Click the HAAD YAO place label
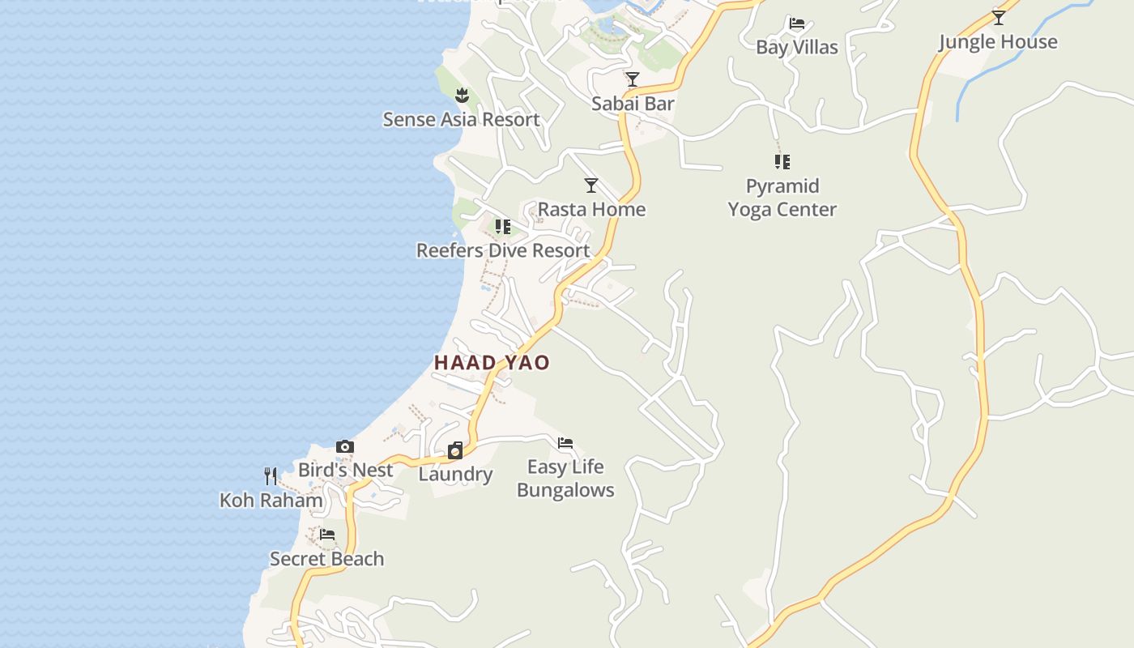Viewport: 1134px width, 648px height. point(492,363)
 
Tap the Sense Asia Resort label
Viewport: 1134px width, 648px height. point(461,120)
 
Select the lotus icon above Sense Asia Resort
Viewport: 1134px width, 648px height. point(462,96)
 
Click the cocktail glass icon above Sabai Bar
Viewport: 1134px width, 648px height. point(633,79)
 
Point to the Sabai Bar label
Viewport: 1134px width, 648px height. point(633,104)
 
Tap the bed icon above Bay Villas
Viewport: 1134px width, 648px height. point(797,23)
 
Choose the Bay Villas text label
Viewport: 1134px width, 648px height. point(797,47)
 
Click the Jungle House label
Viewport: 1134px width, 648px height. point(998,42)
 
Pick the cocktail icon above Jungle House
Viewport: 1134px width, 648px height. point(999,17)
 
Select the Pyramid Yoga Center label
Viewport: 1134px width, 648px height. point(782,198)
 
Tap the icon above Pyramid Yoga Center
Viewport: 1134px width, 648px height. point(782,162)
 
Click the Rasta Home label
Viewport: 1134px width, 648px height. point(592,210)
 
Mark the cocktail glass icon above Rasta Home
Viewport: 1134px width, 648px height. point(591,185)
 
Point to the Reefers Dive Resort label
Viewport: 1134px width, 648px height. point(503,250)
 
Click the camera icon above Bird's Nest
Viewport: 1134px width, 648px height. point(345,446)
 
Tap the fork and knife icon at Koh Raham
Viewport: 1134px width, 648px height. point(271,476)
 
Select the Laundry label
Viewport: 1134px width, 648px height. point(455,475)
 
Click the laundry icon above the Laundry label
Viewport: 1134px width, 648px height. point(455,450)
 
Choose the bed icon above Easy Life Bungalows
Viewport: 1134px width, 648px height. point(565,443)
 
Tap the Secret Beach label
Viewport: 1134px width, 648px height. point(327,559)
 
